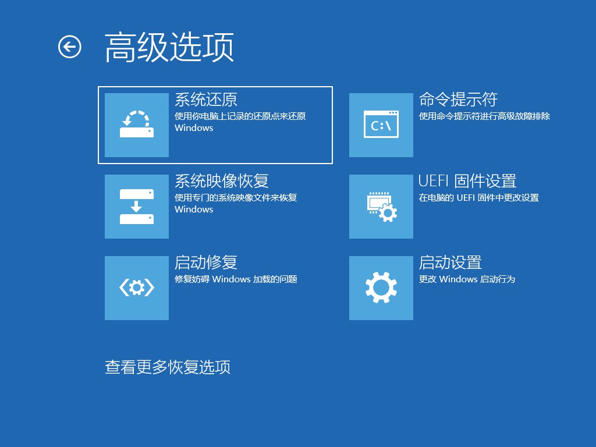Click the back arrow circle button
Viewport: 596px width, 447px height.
pos(70,47)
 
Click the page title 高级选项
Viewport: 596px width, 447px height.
pos(169,47)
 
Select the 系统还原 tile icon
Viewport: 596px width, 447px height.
pos(137,125)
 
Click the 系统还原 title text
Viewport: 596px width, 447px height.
pos(206,100)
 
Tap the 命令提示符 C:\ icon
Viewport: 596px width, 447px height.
pos(381,125)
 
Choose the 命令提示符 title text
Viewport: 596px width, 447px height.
pos(458,100)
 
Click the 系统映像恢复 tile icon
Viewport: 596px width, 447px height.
pos(137,207)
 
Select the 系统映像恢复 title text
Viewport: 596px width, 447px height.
pos(222,181)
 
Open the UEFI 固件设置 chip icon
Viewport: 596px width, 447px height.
pos(381,207)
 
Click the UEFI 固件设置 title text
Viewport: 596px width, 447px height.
pos(467,181)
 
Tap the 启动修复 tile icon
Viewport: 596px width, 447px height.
pos(137,288)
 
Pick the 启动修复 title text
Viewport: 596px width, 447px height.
pos(206,262)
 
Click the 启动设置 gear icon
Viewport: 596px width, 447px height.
pos(381,288)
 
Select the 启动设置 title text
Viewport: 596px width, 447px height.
pos(450,262)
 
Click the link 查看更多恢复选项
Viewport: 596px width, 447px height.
pos(168,367)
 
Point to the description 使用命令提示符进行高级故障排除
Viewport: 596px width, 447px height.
pos(484,116)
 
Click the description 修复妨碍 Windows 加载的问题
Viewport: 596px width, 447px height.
pos(236,279)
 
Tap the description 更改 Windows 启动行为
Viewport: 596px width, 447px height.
pos(467,279)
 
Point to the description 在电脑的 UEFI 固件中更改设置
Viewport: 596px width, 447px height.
pos(478,198)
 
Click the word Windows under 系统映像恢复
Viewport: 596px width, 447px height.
pos(194,210)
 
